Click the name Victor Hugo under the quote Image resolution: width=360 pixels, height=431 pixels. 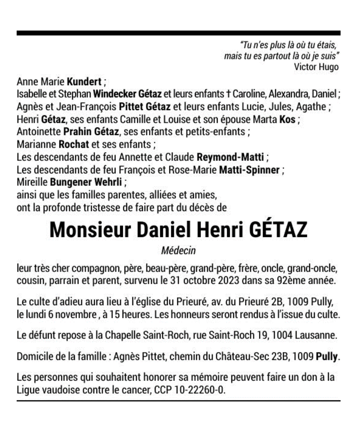click(x=316, y=67)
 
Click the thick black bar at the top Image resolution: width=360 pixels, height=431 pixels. click(x=178, y=33)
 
